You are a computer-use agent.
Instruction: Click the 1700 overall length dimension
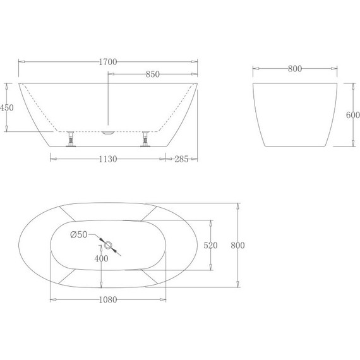point(108,62)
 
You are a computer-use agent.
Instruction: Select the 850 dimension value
point(152,75)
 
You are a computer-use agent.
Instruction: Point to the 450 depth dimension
point(7,108)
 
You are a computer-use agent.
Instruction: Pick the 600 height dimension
point(352,115)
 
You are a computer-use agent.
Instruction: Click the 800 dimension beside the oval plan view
point(237,245)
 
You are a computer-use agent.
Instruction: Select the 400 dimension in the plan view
point(102,258)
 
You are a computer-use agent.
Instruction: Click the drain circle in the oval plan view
point(107,245)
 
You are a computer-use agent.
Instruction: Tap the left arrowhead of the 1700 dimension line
point(21,62)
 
